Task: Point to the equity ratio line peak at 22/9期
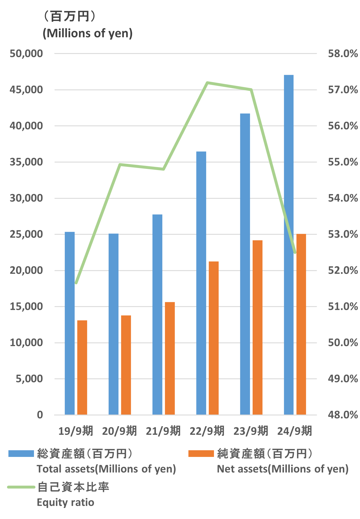[x=207, y=83]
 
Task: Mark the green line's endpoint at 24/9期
[x=295, y=252]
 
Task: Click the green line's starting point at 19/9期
[x=76, y=283]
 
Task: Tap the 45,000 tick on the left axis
[x=26, y=90]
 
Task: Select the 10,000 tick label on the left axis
[x=26, y=343]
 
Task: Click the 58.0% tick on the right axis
[x=343, y=54]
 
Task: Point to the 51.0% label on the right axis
[x=343, y=307]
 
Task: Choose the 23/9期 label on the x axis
[x=251, y=431]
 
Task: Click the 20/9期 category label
[x=119, y=431]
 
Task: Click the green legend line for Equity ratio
[x=21, y=487]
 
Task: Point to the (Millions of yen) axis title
[x=88, y=33]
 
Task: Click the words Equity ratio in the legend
[x=66, y=502]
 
